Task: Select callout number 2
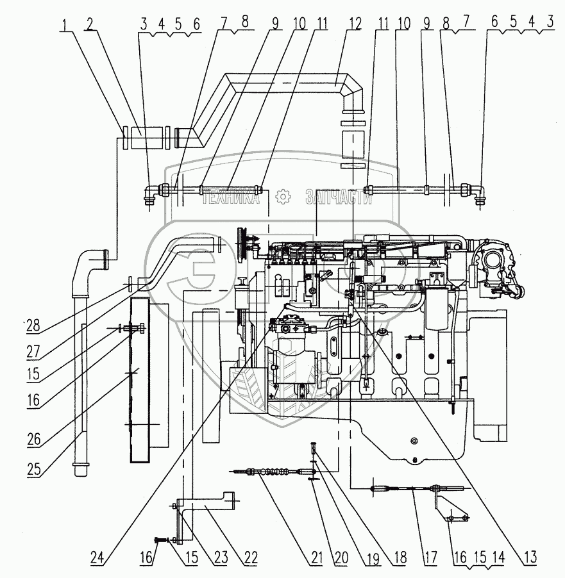[x=91, y=24]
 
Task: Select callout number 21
[x=316, y=557]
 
